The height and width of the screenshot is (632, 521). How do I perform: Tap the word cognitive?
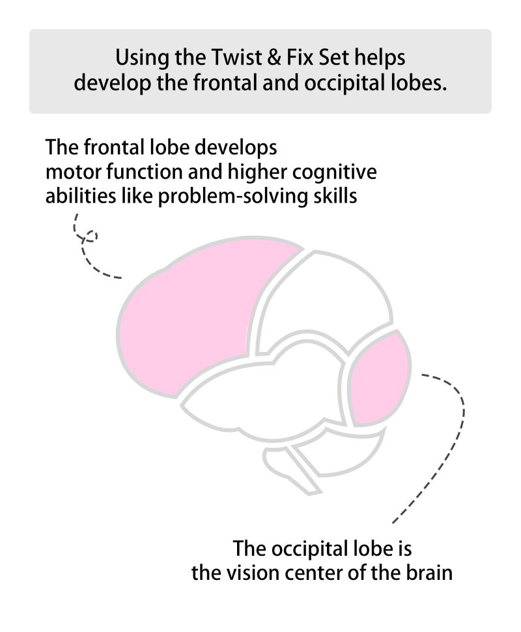coord(335,173)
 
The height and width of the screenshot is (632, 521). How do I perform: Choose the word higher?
coord(257,173)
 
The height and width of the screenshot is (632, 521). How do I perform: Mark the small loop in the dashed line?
coord(91,236)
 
